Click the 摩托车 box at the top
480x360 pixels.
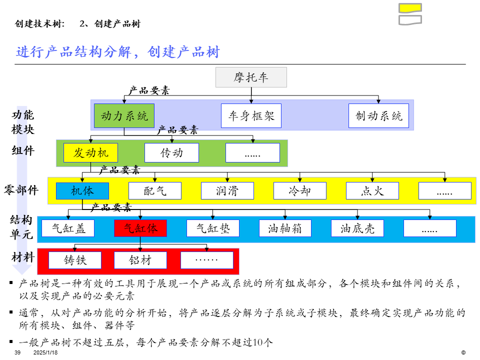251,77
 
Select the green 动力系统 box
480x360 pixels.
124,116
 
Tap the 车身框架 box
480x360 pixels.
251,116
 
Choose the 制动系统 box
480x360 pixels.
378,116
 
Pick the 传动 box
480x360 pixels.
171,152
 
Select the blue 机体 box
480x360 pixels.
82,190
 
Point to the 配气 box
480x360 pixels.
155,190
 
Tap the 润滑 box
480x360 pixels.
227,190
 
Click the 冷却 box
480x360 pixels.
300,190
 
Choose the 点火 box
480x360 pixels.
372,190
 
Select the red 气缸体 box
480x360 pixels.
140,228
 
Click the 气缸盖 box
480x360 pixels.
67,228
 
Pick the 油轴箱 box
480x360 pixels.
285,228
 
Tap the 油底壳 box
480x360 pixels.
357,228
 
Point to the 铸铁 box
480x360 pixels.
75,260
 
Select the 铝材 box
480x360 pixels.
140,260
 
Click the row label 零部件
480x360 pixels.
21,190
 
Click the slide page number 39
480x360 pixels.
17,352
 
